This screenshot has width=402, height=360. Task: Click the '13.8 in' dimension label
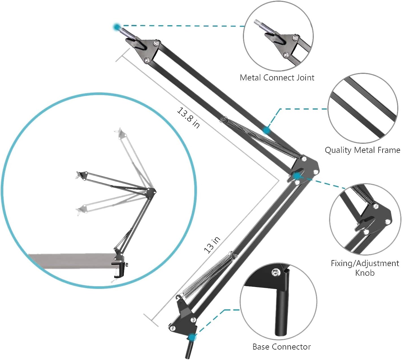tap(188, 118)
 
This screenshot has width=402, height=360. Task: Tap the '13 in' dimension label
tap(212, 245)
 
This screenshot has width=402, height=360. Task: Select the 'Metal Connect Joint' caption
tap(277, 78)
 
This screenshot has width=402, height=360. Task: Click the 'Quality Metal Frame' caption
tap(362, 150)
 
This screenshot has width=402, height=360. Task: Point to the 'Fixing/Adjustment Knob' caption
tap(365, 268)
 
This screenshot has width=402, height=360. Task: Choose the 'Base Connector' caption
tap(282, 347)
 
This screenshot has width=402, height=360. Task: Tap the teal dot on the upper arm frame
tap(266, 130)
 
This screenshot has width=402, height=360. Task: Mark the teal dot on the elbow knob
tap(297, 176)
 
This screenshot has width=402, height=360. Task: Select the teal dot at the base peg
tap(192, 337)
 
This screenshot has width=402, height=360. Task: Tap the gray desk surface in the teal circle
tap(71, 260)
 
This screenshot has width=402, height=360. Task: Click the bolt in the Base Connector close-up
tap(275, 272)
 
